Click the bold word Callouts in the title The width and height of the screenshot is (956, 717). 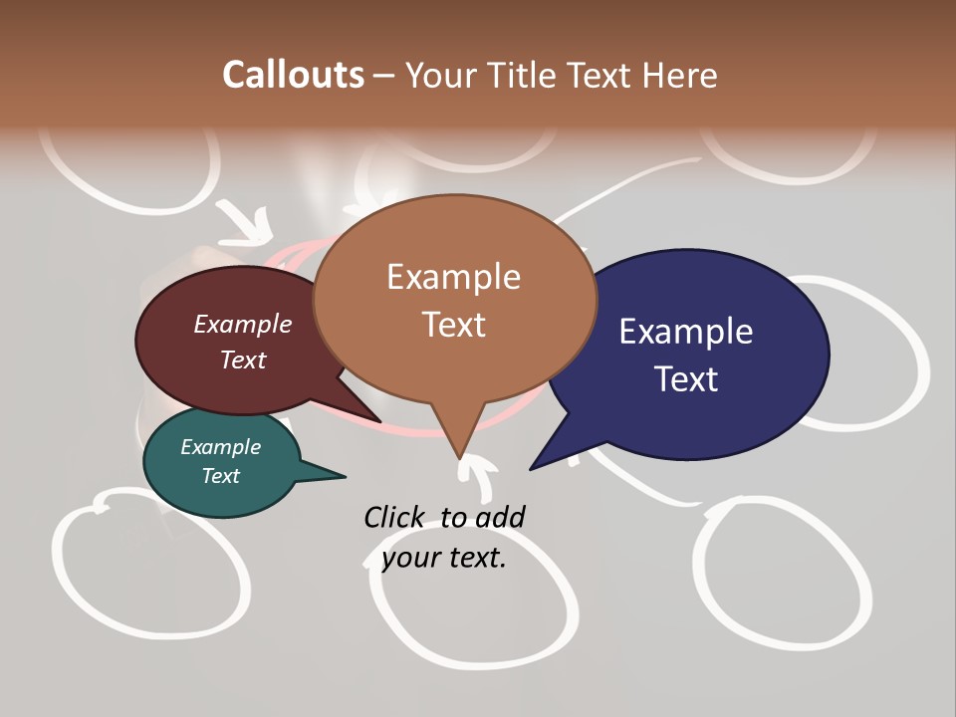(x=293, y=75)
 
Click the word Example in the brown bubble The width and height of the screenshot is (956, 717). (x=453, y=277)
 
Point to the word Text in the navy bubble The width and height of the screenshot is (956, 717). (x=687, y=379)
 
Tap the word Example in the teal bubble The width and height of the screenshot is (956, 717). (x=220, y=447)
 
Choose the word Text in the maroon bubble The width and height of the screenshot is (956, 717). (x=243, y=360)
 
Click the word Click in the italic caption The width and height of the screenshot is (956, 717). (x=395, y=517)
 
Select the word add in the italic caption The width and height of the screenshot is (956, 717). (x=500, y=517)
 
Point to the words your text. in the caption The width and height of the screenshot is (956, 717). (x=444, y=558)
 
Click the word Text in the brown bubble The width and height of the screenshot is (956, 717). (x=453, y=325)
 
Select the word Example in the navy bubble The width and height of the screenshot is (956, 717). (x=686, y=332)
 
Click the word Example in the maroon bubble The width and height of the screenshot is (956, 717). (x=243, y=324)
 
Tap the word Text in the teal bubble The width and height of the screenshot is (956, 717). (x=220, y=476)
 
